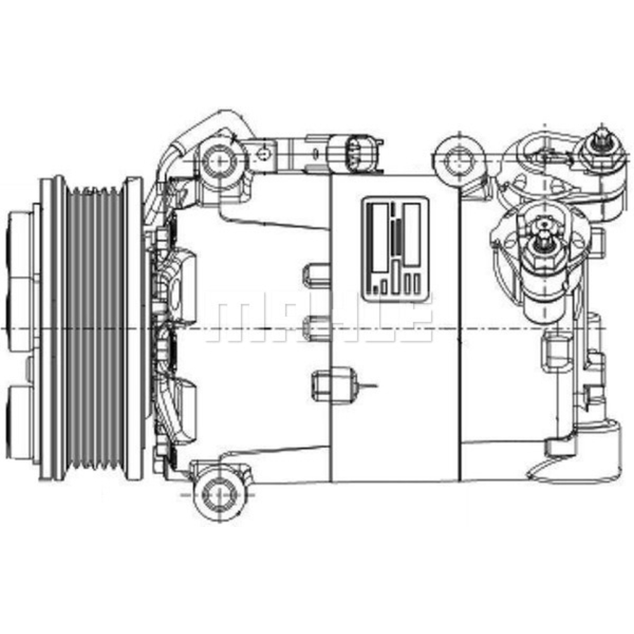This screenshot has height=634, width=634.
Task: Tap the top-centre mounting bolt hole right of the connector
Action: click(458, 154)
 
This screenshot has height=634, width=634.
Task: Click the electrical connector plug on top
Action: click(353, 152)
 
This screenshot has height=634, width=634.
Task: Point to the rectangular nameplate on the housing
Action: click(395, 247)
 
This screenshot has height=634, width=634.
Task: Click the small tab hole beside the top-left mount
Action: click(261, 152)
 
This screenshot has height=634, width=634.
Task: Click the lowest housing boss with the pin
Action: click(330, 384)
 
